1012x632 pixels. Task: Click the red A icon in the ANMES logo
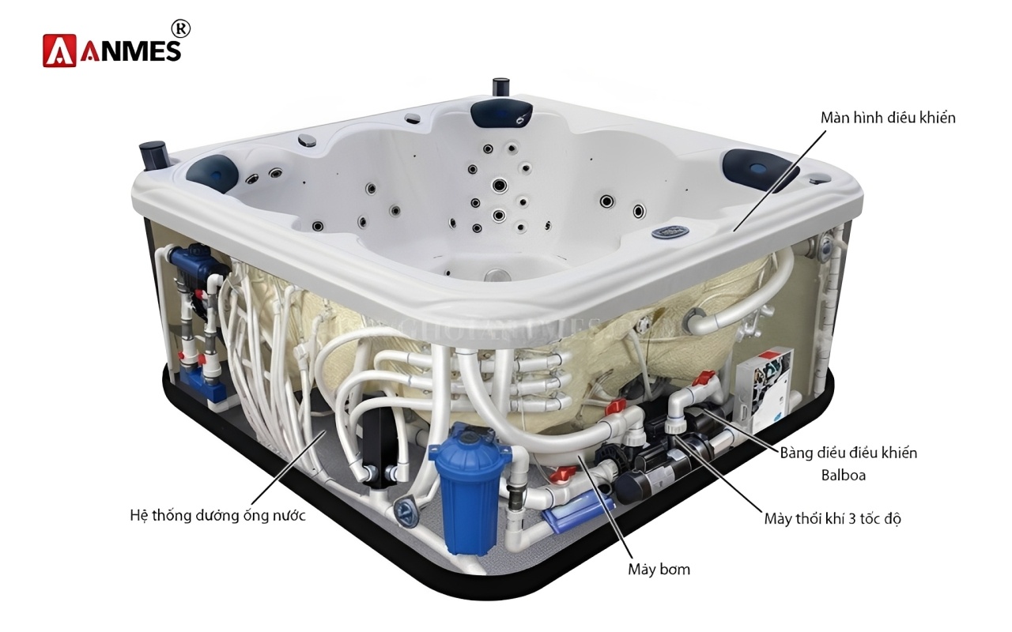pos(59,50)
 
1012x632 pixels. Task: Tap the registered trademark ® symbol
pos(180,28)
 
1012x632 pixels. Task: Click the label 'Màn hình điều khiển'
pos(888,118)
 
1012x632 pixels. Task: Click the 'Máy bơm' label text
pos(659,569)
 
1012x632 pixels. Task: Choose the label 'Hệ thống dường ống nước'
pos(217,516)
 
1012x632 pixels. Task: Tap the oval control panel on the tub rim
pos(670,232)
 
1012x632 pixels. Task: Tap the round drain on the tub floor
pos(496,276)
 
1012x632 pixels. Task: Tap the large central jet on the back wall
pos(500,186)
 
